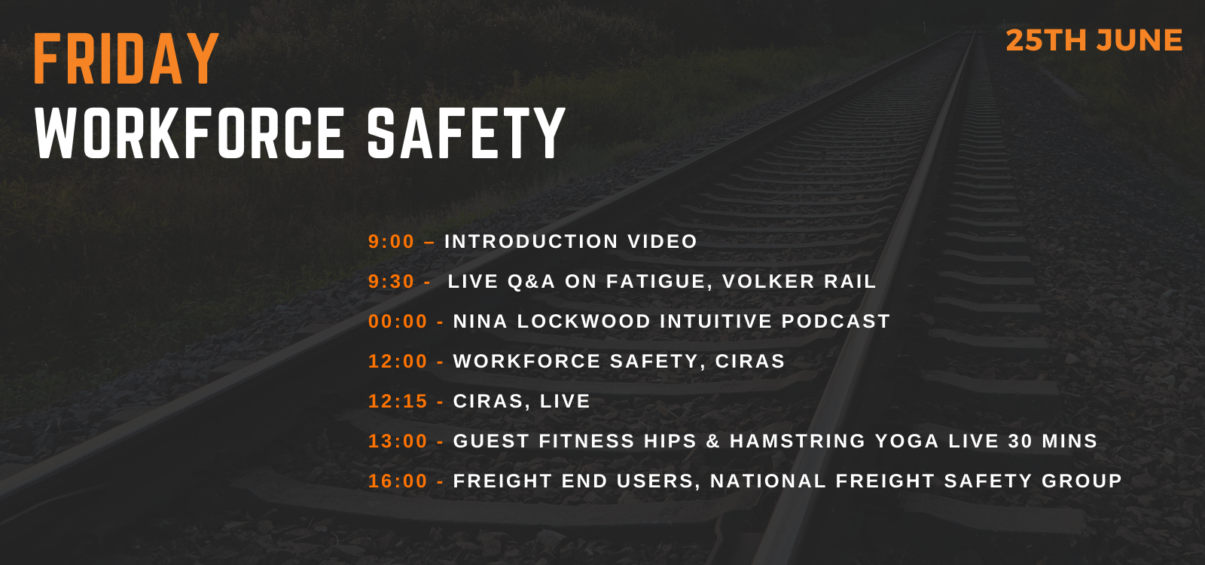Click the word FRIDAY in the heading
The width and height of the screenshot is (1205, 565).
pos(127,58)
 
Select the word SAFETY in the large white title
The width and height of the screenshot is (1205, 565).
pos(466,133)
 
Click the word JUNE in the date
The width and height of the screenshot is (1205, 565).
pos(1139,41)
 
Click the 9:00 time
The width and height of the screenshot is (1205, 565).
pos(391,242)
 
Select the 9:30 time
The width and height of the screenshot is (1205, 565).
pos(391,282)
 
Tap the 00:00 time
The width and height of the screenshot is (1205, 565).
pos(398,321)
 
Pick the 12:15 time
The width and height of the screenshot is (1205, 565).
pos(398,401)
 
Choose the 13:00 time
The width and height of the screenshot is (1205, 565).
pos(398,441)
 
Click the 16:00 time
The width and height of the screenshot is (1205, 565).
pos(398,481)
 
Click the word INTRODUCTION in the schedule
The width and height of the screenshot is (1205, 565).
pos(532,242)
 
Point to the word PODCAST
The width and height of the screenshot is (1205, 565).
pos(836,321)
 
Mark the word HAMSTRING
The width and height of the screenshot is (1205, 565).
pos(798,441)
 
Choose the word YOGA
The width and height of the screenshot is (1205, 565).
pos(907,441)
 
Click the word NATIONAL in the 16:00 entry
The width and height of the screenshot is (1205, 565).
pos(768,481)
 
